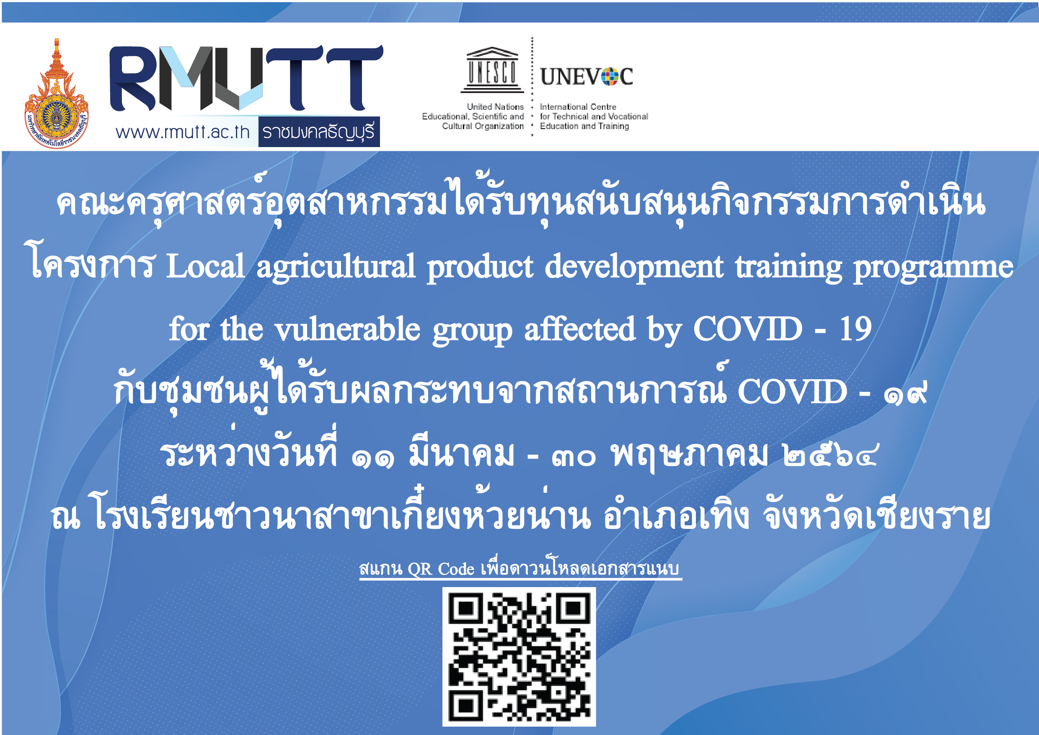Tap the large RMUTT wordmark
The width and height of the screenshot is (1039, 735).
247,78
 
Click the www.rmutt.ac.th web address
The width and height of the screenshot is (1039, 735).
183,132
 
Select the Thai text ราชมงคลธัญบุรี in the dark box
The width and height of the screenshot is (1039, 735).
318,132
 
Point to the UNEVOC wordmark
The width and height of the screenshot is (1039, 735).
587,77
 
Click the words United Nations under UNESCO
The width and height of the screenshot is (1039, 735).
496,107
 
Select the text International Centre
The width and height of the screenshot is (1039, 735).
578,107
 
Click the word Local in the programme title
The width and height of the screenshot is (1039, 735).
205,266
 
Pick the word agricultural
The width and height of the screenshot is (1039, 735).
336,267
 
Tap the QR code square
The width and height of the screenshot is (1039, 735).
519,657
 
